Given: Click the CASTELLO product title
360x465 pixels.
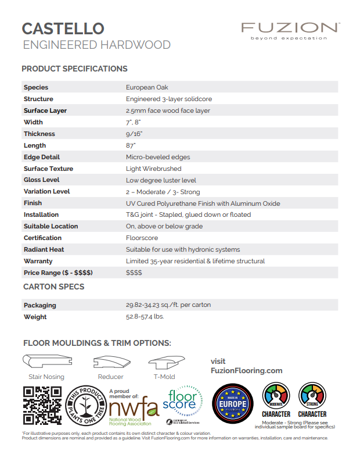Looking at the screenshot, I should click(x=63, y=28).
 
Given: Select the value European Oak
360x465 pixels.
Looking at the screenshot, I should click(x=147, y=87).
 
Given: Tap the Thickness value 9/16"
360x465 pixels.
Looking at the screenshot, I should click(x=134, y=134).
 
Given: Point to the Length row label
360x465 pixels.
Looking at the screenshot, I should click(x=35, y=145).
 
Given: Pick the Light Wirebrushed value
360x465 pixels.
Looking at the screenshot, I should click(x=153, y=169).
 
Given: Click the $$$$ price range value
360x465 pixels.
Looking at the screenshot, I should click(x=134, y=273).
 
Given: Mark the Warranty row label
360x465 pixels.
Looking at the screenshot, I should click(x=38, y=261).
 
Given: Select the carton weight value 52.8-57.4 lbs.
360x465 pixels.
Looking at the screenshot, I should click(x=145, y=317).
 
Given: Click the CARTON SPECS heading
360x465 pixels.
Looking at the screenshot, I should click(x=53, y=287).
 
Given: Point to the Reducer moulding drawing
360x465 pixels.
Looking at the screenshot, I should click(x=110, y=363).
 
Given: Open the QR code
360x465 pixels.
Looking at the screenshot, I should click(x=42, y=406).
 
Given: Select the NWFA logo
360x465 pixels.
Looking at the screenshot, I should click(x=133, y=406).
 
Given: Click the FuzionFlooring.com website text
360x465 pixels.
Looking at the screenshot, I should click(x=246, y=370).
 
